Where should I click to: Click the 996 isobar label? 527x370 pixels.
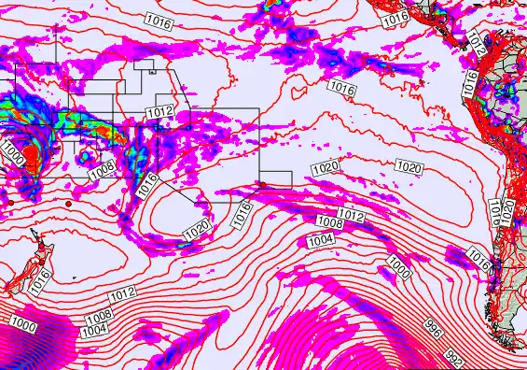[432, 327]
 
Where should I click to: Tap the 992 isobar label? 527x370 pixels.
[454, 358]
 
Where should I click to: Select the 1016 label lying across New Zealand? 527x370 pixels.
[38, 277]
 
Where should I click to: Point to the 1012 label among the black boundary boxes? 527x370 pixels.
[159, 111]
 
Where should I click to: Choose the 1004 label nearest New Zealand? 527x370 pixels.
[92, 331]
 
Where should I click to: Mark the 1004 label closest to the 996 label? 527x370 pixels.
[320, 240]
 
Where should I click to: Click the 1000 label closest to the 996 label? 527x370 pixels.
[399, 268]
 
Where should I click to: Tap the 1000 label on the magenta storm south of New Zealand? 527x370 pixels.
[23, 325]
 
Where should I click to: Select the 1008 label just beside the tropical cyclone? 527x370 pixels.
[102, 171]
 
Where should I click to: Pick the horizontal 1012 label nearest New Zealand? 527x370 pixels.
[122, 294]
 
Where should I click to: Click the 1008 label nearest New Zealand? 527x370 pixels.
[99, 317]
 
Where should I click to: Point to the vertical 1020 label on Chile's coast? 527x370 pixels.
[507, 211]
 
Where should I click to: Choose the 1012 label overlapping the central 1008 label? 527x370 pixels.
[350, 216]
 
